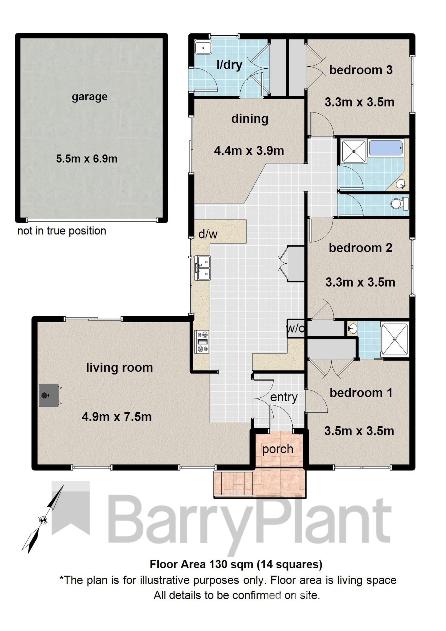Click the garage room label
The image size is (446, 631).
coord(90,97)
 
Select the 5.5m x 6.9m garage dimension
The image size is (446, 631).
coord(87,159)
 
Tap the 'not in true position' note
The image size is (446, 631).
coord(62,231)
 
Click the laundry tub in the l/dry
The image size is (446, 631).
coord(203,48)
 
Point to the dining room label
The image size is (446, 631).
coord(250,119)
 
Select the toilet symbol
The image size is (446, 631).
coord(400,203)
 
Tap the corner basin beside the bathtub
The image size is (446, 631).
coord(401,184)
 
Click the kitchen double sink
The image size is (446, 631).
coord(202,268)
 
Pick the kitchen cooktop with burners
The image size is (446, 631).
coord(202,342)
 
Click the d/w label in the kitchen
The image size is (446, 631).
coord(208,234)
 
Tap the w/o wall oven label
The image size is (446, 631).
coord(295,328)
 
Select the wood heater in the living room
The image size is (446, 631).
coord(49,395)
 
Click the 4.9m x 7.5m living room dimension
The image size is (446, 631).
coord(117,417)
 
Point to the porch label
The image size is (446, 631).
coord(277,449)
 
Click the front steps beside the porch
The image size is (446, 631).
coord(234,483)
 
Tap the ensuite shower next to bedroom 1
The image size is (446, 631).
coord(395,339)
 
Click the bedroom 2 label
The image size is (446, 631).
coord(360,248)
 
